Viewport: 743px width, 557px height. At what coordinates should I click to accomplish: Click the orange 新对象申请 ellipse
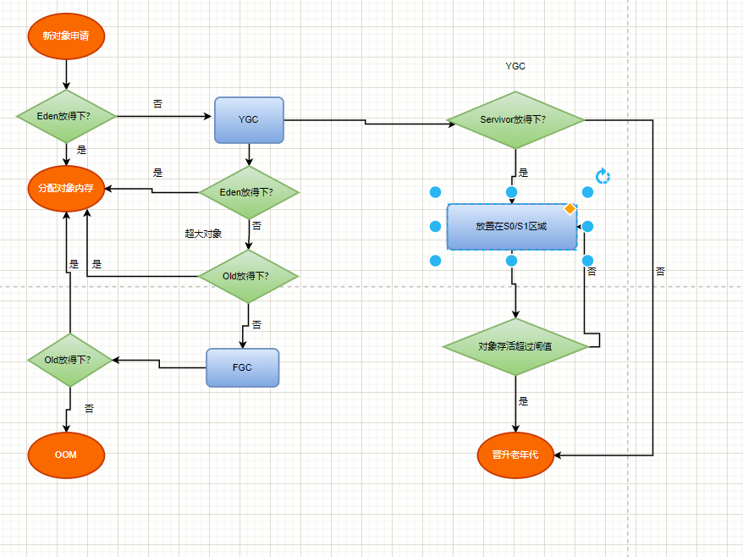66,37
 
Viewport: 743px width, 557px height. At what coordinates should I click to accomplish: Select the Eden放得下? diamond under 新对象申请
66,115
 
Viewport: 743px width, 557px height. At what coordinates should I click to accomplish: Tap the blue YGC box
249,119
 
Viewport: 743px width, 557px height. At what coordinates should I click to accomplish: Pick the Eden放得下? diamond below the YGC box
249,192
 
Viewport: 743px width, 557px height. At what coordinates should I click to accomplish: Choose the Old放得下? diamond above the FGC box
249,275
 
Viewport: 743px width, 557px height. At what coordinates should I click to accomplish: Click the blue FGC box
243,367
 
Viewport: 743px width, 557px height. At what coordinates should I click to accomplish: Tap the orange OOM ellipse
66,455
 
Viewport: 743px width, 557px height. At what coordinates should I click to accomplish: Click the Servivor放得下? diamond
515,119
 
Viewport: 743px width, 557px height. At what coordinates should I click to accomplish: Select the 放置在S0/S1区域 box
512,227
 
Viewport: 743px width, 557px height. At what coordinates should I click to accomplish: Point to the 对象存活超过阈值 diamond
515,345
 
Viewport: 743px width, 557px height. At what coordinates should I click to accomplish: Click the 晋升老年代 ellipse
515,455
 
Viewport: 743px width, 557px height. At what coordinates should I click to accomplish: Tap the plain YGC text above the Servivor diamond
515,66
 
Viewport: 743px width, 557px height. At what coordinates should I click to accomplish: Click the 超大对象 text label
203,233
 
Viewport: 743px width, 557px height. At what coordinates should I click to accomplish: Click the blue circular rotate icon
603,176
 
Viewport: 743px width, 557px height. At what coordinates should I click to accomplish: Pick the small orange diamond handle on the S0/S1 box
570,208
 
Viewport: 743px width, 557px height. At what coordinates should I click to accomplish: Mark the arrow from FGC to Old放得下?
161,363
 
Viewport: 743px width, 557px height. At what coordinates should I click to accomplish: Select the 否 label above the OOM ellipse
89,409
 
